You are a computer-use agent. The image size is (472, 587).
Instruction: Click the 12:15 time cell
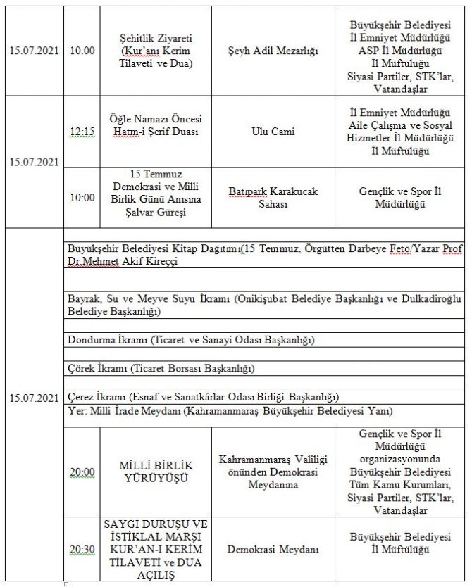82,131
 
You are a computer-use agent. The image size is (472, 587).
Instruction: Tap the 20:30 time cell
82,549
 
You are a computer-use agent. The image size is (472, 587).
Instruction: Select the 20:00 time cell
82,472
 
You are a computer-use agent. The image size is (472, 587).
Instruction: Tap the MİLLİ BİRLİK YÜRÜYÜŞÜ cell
156,472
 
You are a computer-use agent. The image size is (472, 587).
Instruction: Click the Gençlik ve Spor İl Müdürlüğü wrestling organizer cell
399,197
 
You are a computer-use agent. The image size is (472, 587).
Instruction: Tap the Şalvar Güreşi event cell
156,197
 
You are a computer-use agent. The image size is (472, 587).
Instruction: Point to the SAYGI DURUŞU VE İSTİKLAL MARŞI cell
156,549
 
